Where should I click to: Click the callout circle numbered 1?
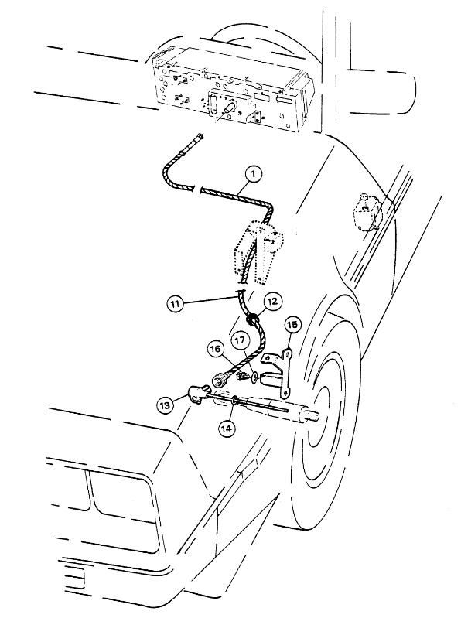(254, 174)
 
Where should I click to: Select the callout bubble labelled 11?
(175, 304)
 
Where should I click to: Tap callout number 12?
(272, 302)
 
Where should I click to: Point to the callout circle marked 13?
(166, 405)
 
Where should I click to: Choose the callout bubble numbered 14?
(226, 428)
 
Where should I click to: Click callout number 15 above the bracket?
(292, 325)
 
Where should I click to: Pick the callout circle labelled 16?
(216, 349)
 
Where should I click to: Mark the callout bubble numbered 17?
(241, 340)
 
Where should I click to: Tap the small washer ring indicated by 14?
(234, 401)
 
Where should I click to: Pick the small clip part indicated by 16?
(242, 377)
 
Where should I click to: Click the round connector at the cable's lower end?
(219, 380)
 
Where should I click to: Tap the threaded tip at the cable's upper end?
(201, 136)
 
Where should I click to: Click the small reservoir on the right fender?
(366, 211)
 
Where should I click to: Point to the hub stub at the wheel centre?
(312, 416)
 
